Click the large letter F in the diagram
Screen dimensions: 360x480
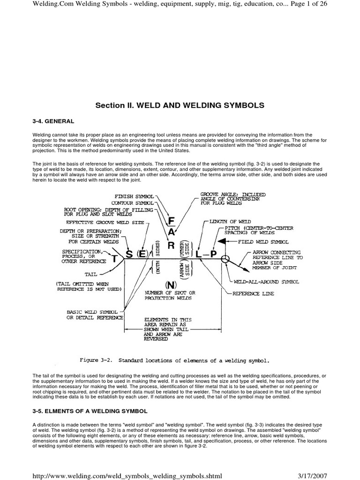pyautogui.click(x=172, y=221)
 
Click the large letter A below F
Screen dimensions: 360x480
pyautogui.click(x=172, y=232)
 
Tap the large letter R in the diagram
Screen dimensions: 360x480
pyautogui.click(x=172, y=246)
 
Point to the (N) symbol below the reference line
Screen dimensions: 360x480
pyautogui.click(x=170, y=285)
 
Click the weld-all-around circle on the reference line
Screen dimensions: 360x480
pyautogui.click(x=225, y=258)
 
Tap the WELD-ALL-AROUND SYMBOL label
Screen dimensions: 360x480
pyautogui.click(x=266, y=282)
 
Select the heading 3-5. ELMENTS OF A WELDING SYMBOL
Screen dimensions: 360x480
pyautogui.click(x=90, y=411)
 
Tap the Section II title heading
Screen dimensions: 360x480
pyautogui.click(x=180, y=105)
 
